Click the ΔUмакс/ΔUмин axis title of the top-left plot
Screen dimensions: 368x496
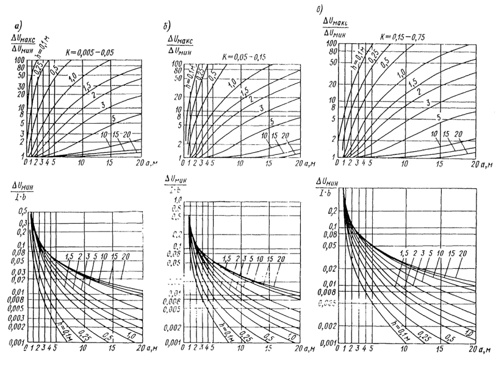click(19, 48)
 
